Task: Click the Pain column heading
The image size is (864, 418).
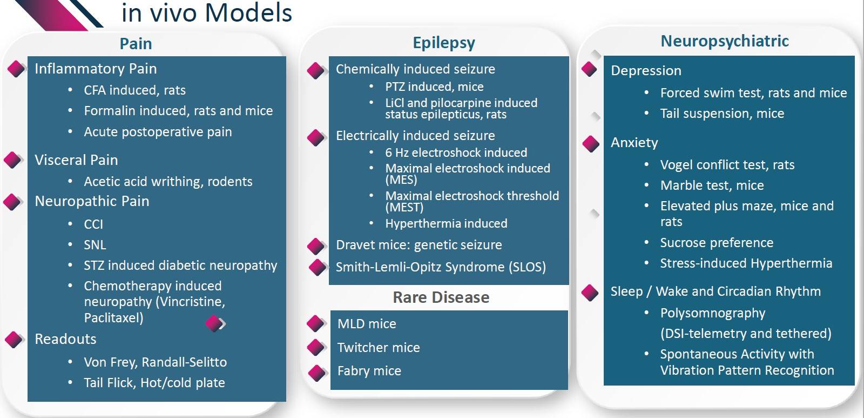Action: coord(136,44)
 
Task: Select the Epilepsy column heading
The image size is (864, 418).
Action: coord(444,43)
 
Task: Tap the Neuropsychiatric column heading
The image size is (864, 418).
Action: coord(725,42)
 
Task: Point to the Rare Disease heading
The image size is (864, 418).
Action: coord(441,297)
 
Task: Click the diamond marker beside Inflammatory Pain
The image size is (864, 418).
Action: coord(16,69)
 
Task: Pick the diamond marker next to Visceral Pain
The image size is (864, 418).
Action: coord(13,160)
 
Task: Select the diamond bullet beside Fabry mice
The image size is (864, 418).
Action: coord(316,373)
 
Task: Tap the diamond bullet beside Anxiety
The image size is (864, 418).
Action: coord(591,144)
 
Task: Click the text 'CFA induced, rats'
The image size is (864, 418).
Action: coord(134,90)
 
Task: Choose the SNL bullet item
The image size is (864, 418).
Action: coord(95,245)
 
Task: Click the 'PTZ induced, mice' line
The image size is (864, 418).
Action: coord(434,87)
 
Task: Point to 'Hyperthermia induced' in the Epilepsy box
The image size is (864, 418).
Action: coord(446,223)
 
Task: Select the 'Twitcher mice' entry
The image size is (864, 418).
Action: coord(379,347)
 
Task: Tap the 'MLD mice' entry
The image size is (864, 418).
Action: coord(367,324)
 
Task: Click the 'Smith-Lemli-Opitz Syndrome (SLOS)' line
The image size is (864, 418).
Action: coord(441,267)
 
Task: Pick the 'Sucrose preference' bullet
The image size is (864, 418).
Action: coord(717,243)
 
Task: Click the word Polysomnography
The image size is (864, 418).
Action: coord(713,313)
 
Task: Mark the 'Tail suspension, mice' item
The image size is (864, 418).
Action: coord(722,114)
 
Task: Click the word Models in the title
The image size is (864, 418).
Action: coord(248,13)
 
